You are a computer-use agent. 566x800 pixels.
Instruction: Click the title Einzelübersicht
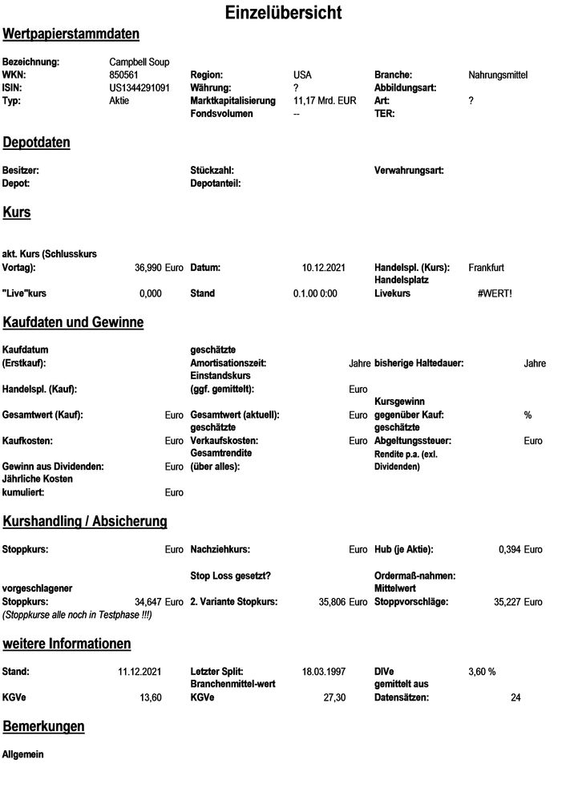(283, 13)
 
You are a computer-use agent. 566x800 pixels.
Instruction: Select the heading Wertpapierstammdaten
(71, 34)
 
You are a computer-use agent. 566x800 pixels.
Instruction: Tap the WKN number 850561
(125, 75)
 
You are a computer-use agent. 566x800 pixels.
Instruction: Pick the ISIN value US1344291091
(139, 87)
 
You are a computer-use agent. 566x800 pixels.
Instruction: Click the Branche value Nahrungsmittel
(498, 75)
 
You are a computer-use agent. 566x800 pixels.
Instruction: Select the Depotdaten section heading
(36, 143)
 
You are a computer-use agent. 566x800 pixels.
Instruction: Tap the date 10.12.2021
(323, 267)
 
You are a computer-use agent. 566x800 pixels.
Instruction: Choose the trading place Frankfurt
(486, 267)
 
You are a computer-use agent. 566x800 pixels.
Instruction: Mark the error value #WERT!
(494, 293)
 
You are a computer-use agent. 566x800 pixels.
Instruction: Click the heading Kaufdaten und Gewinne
(73, 323)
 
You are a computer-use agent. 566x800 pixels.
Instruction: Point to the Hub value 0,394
(510, 549)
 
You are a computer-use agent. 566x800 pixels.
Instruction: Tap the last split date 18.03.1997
(323, 670)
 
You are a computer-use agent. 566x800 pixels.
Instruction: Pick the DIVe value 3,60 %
(482, 670)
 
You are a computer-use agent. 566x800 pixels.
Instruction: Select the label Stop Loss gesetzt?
(230, 575)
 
